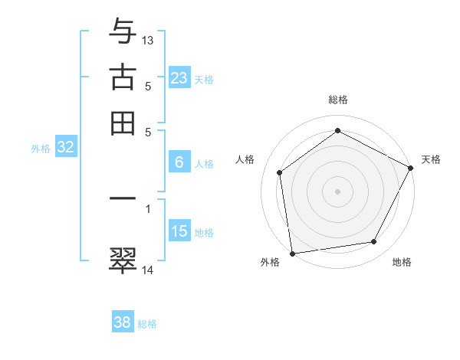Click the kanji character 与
[123, 33]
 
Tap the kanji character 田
[123, 123]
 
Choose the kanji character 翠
[123, 260]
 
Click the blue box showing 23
[179, 78]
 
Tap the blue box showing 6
[179, 162]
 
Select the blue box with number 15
[179, 231]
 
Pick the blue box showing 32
[65, 148]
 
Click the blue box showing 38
[123, 322]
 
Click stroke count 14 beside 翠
[148, 269]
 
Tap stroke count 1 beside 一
[148, 208]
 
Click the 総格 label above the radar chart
[338, 100]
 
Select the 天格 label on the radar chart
[431, 159]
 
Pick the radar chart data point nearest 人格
[280, 172]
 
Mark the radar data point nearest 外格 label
[292, 253]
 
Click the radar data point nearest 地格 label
[374, 242]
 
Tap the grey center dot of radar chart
[338, 191]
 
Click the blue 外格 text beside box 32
[40, 149]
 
